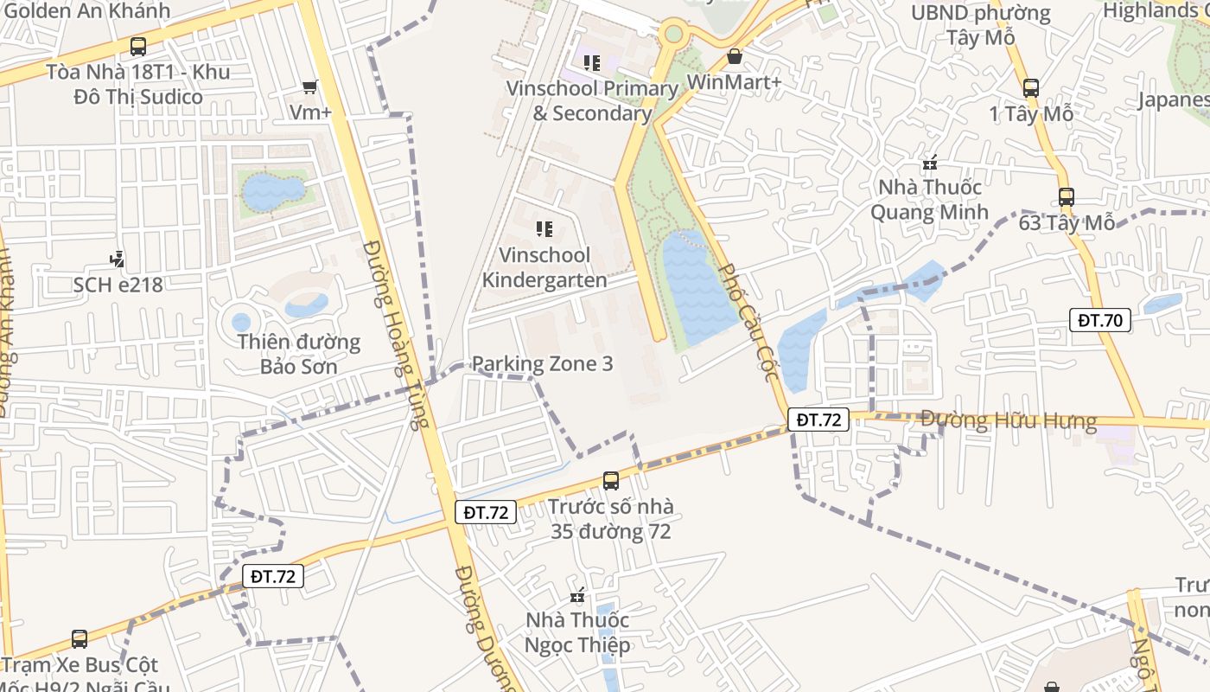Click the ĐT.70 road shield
pyautogui.click(x=1099, y=320)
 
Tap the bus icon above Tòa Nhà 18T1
pyautogui.click(x=137, y=47)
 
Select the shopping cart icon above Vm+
pyautogui.click(x=310, y=86)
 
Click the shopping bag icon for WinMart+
pyautogui.click(x=734, y=56)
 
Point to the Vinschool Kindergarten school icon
pyautogui.click(x=544, y=229)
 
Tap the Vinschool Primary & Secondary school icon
pyautogui.click(x=592, y=62)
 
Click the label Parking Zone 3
pyautogui.click(x=542, y=363)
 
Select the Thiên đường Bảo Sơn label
pyautogui.click(x=299, y=354)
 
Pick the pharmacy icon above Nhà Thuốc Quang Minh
pyautogui.click(x=930, y=162)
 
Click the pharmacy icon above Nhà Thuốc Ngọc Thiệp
pyautogui.click(x=578, y=595)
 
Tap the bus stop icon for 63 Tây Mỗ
pyautogui.click(x=1066, y=197)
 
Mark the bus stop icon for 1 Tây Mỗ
pyautogui.click(x=1030, y=87)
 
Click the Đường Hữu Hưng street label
pyautogui.click(x=1008, y=421)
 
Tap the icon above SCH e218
pyautogui.click(x=117, y=259)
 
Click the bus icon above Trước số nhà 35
pyautogui.click(x=611, y=480)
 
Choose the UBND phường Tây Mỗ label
pyautogui.click(x=981, y=25)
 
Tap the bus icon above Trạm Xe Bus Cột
pyautogui.click(x=80, y=639)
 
